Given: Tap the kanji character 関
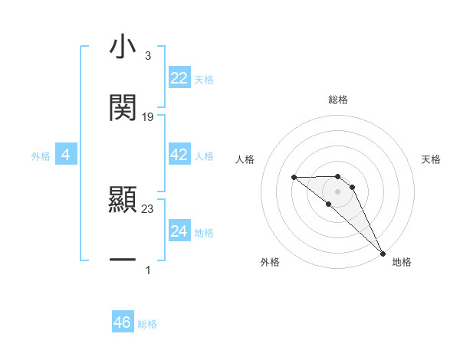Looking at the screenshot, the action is (x=123, y=108).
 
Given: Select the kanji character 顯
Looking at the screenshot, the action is (x=123, y=201).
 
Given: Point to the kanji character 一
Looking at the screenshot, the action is (x=123, y=260).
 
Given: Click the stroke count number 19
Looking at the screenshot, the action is (x=148, y=117).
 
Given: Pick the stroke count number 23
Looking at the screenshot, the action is (x=148, y=208).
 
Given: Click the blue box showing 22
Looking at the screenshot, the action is (x=179, y=78).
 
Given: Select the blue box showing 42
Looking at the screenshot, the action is (x=179, y=155).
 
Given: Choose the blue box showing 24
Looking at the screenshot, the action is (x=179, y=231).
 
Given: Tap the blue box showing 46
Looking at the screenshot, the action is (x=123, y=322).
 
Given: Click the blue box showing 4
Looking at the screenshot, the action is (x=66, y=155).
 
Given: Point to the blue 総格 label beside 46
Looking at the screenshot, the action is (x=147, y=324).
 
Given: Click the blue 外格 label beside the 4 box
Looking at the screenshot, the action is (x=41, y=156).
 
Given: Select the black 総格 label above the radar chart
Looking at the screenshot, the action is (x=338, y=100).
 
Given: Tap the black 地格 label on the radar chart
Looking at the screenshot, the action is (x=402, y=262).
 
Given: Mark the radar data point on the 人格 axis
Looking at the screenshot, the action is (x=294, y=178).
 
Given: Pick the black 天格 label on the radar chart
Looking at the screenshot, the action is (x=432, y=159).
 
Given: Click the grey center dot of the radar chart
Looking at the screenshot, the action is (x=338, y=191).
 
